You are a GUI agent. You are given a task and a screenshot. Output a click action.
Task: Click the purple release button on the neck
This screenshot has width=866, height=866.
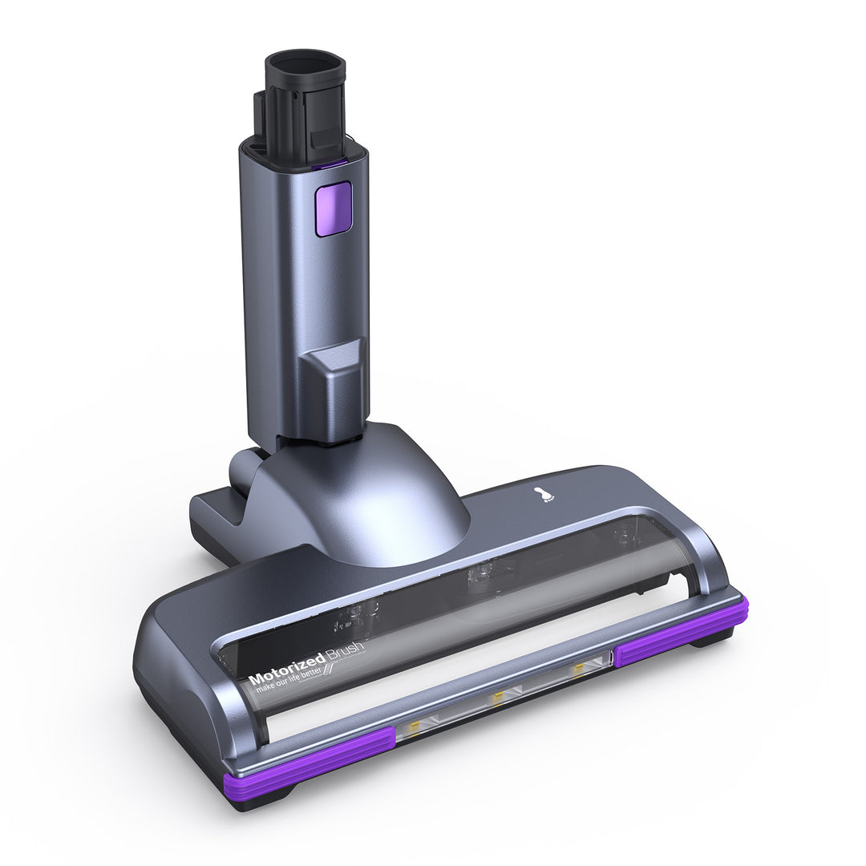tap(333, 208)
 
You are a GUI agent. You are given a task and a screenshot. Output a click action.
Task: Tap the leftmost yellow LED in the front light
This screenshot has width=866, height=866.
tap(415, 726)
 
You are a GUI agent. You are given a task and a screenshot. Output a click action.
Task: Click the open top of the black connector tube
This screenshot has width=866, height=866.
tap(305, 63)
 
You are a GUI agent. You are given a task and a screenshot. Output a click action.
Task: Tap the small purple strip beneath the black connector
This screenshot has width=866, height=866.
tap(329, 164)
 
